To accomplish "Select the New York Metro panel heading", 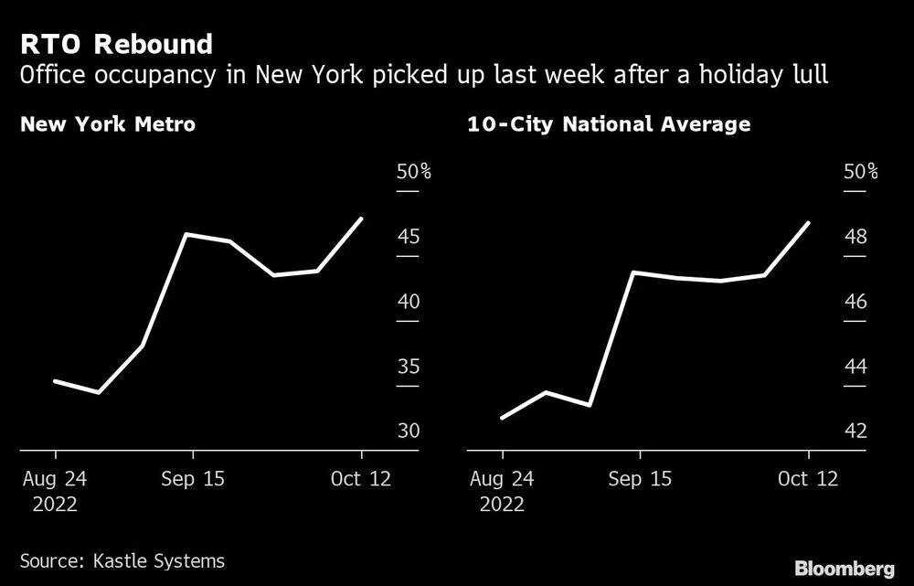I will click(x=108, y=124).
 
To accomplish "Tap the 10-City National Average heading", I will click(x=608, y=124).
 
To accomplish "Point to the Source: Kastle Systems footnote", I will click(x=122, y=559).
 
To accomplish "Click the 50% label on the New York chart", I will click(x=413, y=172).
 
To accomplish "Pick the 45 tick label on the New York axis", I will click(x=408, y=238).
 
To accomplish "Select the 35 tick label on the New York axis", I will click(x=408, y=368).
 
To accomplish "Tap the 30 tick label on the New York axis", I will click(x=408, y=432).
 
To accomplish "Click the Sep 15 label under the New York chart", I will click(x=193, y=478).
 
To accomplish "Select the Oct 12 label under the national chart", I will click(x=809, y=478).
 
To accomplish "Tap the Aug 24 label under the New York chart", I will click(x=56, y=478).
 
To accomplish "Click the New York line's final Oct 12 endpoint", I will click(x=362, y=218).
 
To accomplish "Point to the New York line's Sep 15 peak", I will click(x=186, y=235).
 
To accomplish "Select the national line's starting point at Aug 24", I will click(x=503, y=418).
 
